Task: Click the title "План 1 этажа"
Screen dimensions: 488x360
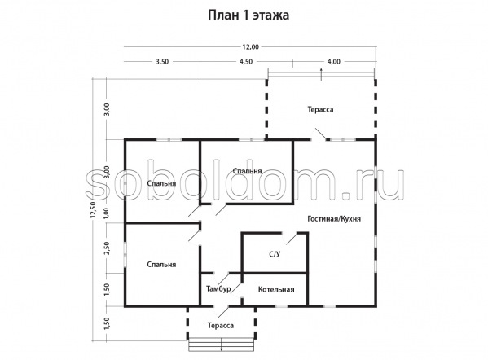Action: pyautogui.click(x=248, y=15)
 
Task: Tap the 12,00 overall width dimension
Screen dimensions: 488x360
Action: pyautogui.click(x=250, y=47)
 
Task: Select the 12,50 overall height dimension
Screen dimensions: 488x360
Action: pyautogui.click(x=93, y=209)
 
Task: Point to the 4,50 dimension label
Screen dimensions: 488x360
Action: pyautogui.click(x=245, y=62)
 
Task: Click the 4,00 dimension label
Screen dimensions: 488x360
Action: pyautogui.click(x=334, y=62)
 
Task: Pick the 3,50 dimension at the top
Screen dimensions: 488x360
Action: pyautogui.click(x=162, y=62)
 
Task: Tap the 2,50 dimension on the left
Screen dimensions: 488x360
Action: pyautogui.click(x=107, y=248)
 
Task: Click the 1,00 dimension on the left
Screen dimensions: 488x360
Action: pyautogui.click(x=107, y=213)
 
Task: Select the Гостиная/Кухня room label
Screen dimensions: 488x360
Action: pyautogui.click(x=334, y=219)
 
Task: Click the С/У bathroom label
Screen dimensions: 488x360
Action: pyautogui.click(x=275, y=254)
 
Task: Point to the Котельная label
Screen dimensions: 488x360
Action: pyautogui.click(x=276, y=290)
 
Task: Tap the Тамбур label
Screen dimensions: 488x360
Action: pyautogui.click(x=218, y=289)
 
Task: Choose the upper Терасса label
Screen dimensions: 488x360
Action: pyautogui.click(x=320, y=109)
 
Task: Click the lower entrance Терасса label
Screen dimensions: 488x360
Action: pyautogui.click(x=221, y=326)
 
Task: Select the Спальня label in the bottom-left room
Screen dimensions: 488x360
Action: pyautogui.click(x=161, y=265)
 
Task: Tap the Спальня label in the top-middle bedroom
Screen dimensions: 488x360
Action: pyautogui.click(x=247, y=171)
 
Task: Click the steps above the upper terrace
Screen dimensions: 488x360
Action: pyautogui.click(x=321, y=74)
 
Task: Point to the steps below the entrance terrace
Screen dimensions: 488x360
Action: pyautogui.click(x=222, y=345)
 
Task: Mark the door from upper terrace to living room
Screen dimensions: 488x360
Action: pyautogui.click(x=320, y=134)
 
